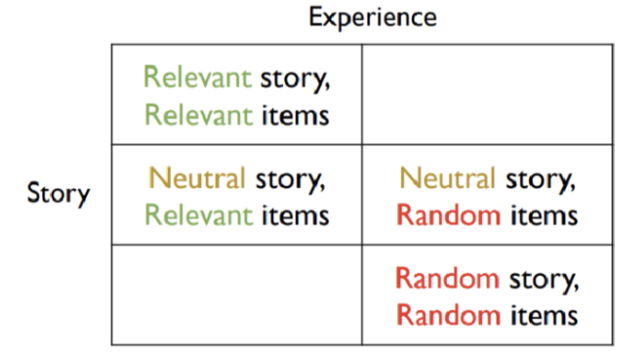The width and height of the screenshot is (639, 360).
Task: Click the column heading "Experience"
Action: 373,18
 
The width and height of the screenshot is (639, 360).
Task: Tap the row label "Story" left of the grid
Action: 58,193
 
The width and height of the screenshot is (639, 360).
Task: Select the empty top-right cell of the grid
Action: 488,95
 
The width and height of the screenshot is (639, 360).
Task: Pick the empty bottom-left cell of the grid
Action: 236,294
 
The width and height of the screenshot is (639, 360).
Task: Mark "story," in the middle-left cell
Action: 291,180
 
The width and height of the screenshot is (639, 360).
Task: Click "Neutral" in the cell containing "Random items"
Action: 448,179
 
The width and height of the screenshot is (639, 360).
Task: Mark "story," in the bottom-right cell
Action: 542,280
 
